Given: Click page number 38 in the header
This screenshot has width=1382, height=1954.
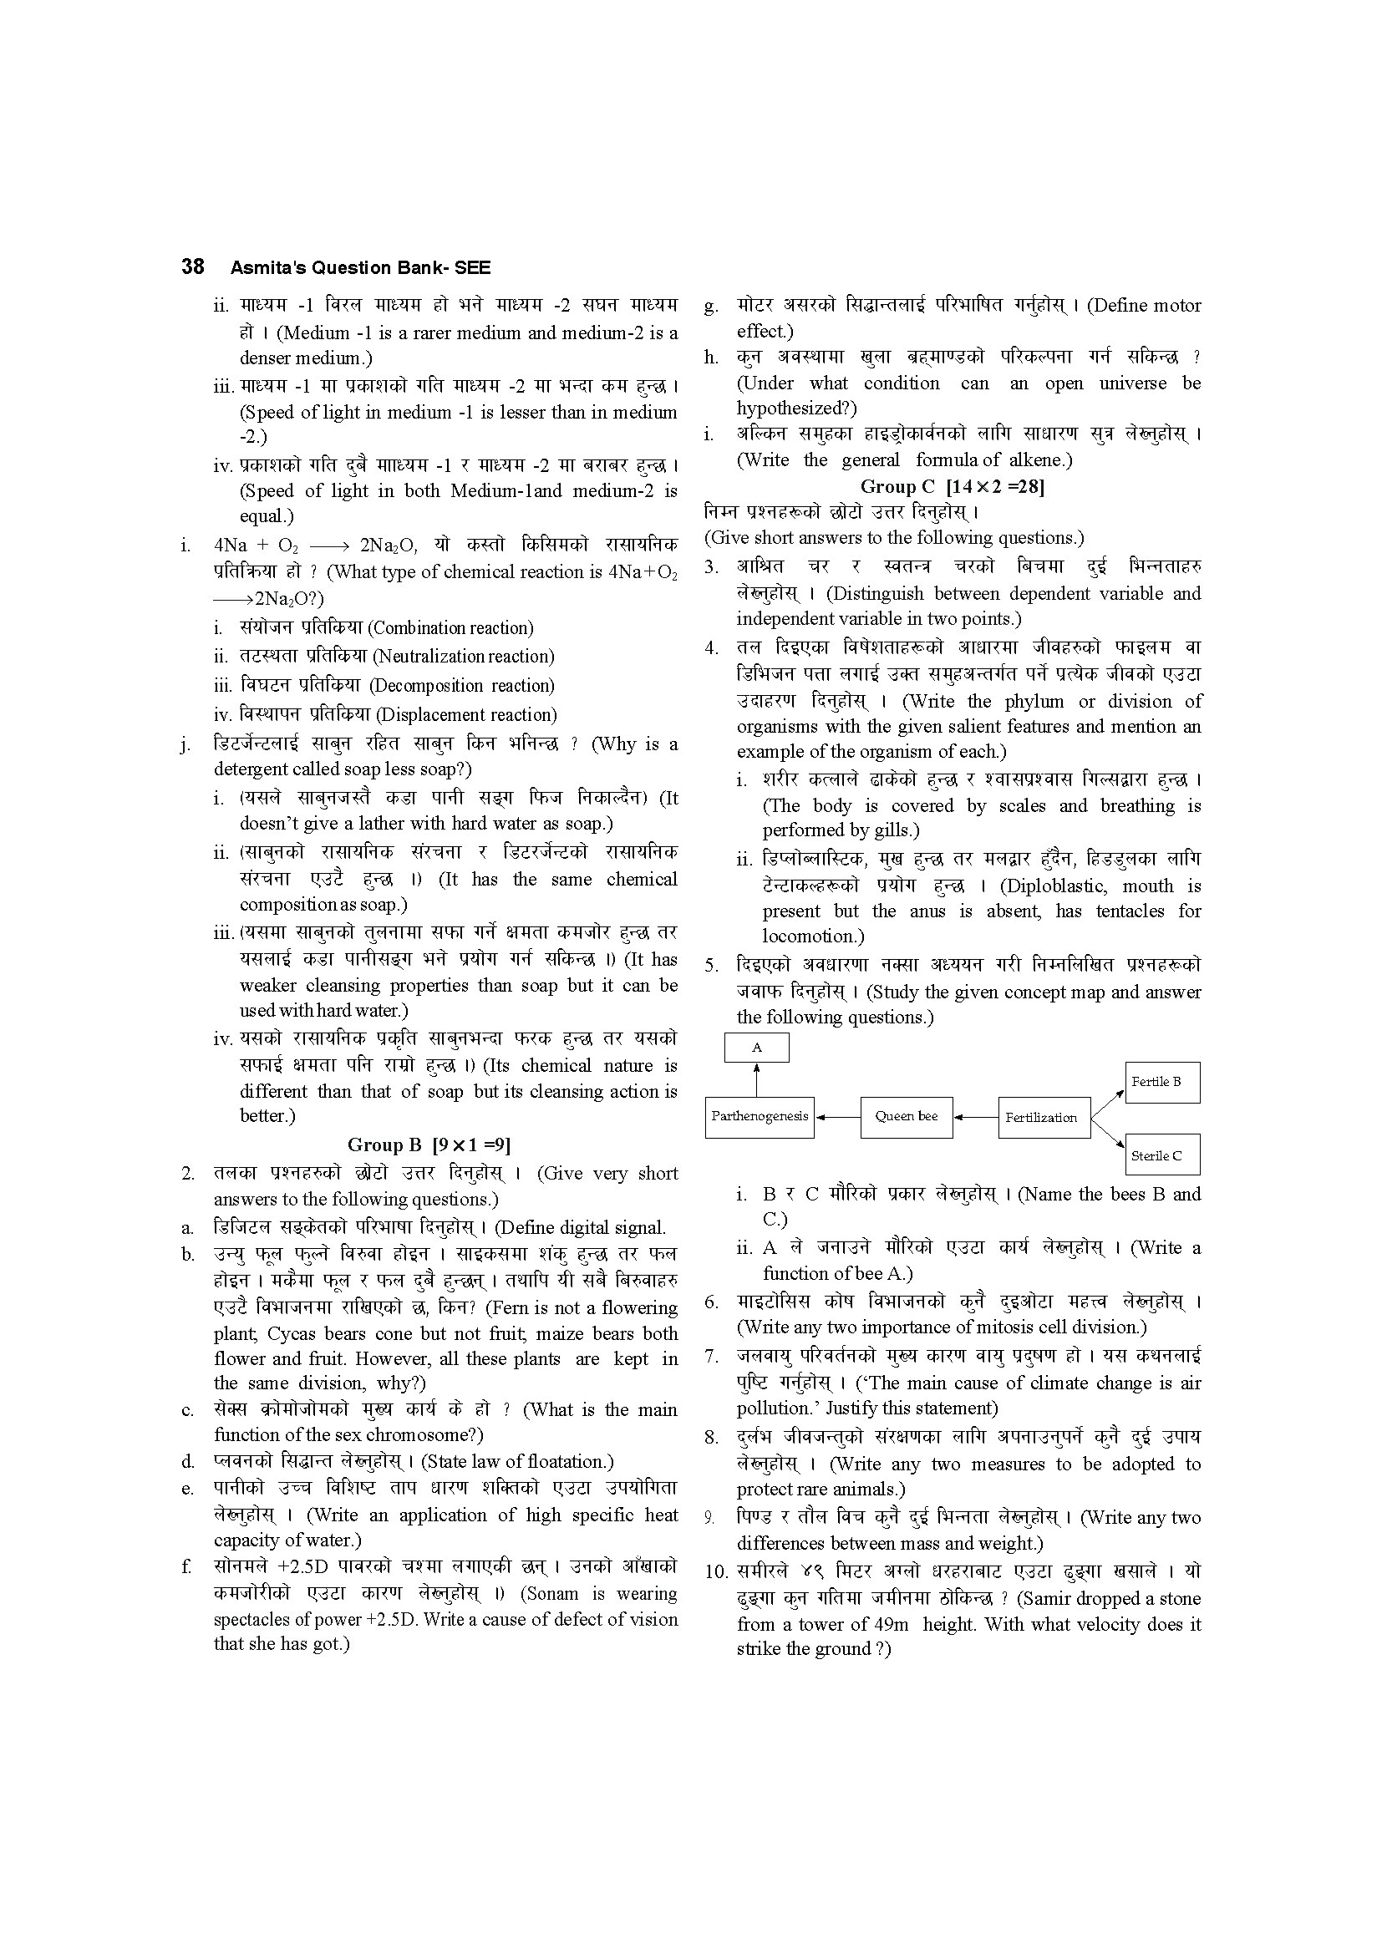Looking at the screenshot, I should tap(192, 267).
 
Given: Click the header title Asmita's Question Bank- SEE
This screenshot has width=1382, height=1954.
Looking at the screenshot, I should tap(360, 268).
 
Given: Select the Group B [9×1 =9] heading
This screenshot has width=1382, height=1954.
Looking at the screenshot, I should tap(428, 1144).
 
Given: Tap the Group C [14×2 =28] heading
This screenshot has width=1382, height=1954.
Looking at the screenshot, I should tap(953, 487).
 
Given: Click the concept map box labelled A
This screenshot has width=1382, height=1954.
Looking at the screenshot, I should tap(756, 1048).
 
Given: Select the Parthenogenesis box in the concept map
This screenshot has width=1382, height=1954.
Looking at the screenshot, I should tap(759, 1117).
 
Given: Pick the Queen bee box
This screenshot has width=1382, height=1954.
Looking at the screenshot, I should tap(906, 1117).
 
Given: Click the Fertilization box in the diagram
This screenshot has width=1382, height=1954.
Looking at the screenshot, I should tap(1044, 1118).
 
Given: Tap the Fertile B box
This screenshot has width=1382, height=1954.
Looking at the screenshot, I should tap(1161, 1082).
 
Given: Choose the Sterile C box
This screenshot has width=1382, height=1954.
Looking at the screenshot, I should tap(1161, 1155).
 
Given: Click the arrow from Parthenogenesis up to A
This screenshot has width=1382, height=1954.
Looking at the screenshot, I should tap(756, 1080).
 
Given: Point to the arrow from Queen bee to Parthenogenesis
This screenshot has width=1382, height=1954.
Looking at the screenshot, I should tap(837, 1118).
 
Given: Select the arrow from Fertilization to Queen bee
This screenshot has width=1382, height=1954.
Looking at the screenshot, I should tap(975, 1118).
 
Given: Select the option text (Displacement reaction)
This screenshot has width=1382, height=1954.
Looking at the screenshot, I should tap(466, 715).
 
